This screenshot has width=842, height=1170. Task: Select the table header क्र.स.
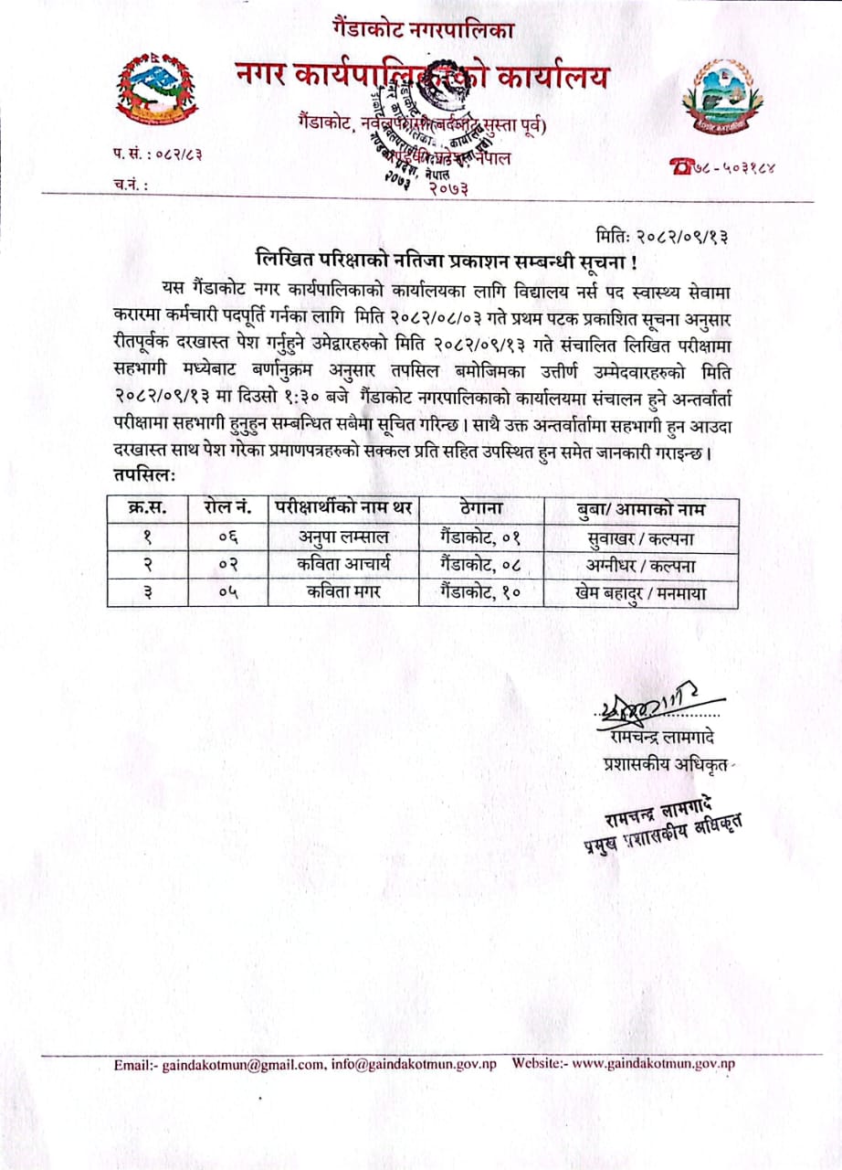pos(136,508)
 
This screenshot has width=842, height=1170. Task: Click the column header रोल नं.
pos(219,508)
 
